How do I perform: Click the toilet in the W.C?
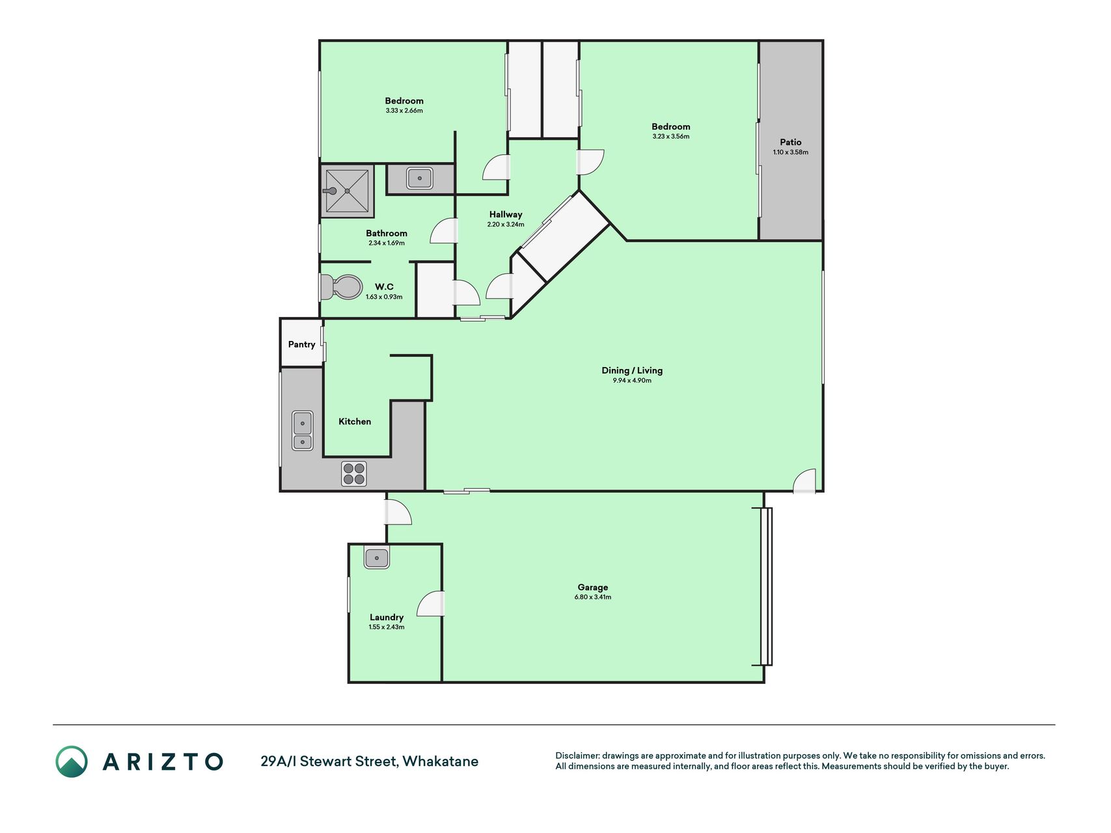point(342,286)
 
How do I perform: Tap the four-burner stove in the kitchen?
point(354,474)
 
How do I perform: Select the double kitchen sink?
point(303,431)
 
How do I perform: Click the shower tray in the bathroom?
point(348,191)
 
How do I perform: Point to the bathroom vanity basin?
point(420,178)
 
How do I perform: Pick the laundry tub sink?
point(377,558)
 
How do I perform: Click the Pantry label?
point(302,345)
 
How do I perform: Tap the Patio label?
point(791,142)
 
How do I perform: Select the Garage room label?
point(593,587)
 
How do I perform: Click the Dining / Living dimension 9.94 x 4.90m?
point(632,381)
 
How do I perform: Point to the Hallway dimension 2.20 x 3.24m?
point(506,225)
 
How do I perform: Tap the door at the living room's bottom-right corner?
point(804,480)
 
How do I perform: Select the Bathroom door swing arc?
point(442,231)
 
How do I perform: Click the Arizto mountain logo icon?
point(71,761)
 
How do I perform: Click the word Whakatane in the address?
point(441,761)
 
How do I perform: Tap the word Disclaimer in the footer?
point(577,756)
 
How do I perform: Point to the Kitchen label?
point(355,422)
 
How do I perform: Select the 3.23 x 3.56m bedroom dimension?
point(671,137)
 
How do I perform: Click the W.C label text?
point(384,287)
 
